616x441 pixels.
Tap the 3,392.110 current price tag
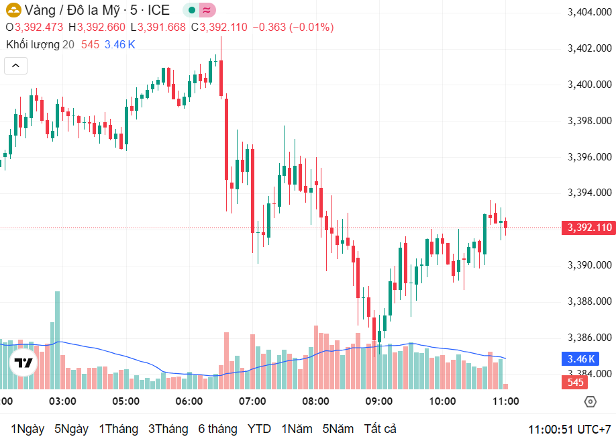[x=588, y=228]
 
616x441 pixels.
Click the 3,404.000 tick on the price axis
[x=589, y=12]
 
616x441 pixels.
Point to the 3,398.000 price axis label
[x=589, y=121]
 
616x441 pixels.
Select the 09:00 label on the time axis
[x=378, y=401]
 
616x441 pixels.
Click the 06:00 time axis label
[x=189, y=401]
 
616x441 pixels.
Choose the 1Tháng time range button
[x=119, y=429]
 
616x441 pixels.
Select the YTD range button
[x=259, y=429]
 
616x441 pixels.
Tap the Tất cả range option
[x=380, y=429]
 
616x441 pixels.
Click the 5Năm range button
[x=338, y=429]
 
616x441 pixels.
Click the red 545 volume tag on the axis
[x=576, y=383]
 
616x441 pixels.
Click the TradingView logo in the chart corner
[x=24, y=363]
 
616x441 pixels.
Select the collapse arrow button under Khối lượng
[x=16, y=65]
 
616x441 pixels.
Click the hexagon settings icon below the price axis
[x=590, y=402]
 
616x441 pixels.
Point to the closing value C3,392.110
[x=219, y=28]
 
